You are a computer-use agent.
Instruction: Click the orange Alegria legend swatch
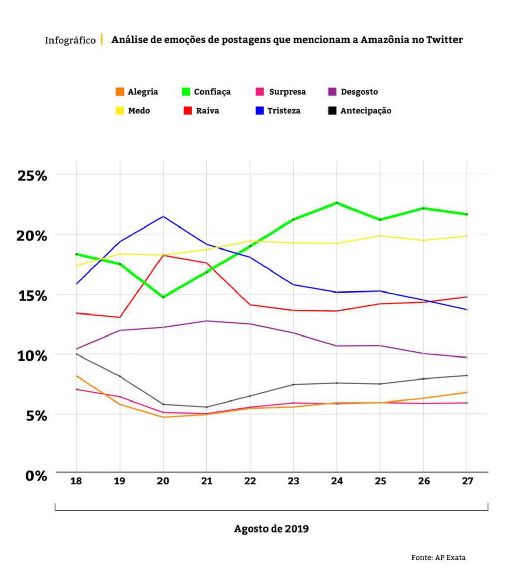120,92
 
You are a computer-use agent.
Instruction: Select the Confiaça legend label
212,92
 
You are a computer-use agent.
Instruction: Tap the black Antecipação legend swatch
332,111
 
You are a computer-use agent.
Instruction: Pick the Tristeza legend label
284,111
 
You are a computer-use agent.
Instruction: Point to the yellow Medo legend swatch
120,111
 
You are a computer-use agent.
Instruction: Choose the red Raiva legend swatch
188,111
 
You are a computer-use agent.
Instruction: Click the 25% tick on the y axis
32,176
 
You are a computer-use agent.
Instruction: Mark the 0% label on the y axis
36,476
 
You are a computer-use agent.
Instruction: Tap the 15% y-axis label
33,296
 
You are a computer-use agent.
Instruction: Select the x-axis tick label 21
207,481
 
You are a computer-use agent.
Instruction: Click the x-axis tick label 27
467,481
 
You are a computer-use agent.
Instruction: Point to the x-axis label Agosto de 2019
271,528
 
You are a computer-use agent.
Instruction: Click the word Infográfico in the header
70,40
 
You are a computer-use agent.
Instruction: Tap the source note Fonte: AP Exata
438,557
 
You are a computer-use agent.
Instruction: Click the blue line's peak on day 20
163,216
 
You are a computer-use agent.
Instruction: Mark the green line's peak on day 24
337,203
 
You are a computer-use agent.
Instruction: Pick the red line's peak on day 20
163,255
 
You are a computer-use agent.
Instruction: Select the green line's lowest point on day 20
163,297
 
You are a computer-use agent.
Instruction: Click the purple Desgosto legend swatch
333,92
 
